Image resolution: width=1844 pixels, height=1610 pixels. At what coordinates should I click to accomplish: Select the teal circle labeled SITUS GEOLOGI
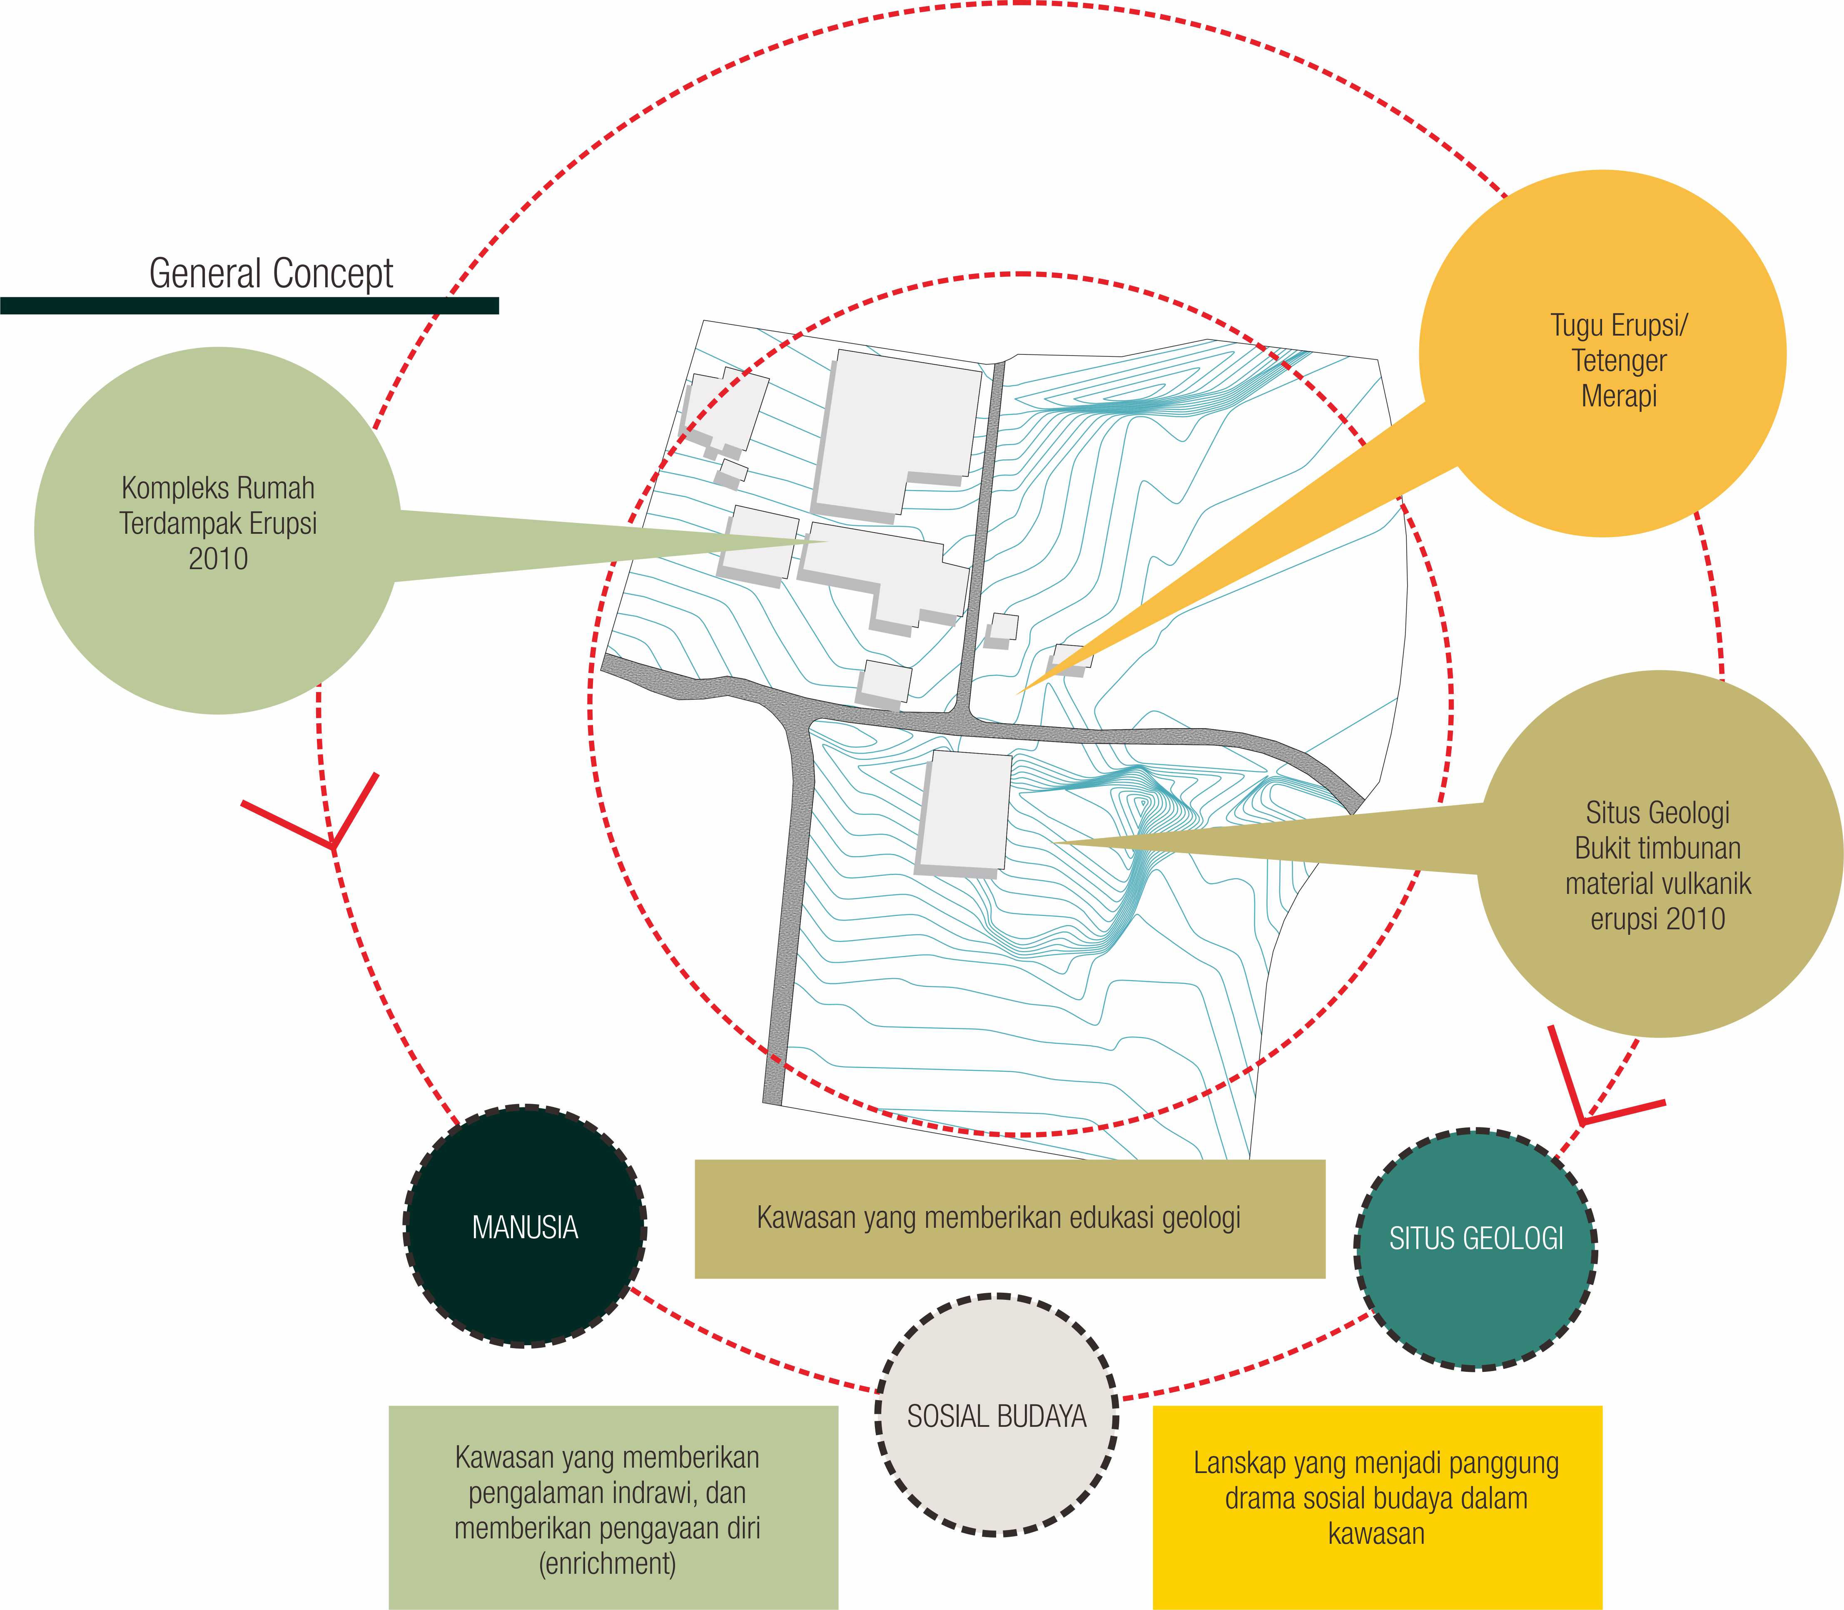[1475, 1249]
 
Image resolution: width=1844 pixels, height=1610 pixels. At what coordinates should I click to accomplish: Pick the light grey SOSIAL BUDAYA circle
[997, 1416]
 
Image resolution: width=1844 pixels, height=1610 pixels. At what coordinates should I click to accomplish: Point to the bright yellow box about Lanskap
[1377, 1507]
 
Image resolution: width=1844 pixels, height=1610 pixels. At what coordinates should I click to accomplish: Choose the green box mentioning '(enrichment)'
[613, 1507]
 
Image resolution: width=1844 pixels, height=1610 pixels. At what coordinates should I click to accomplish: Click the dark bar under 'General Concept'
[249, 306]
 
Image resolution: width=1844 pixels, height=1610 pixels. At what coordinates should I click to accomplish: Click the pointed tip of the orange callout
[1017, 693]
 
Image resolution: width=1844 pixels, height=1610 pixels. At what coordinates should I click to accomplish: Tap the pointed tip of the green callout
[827, 541]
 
